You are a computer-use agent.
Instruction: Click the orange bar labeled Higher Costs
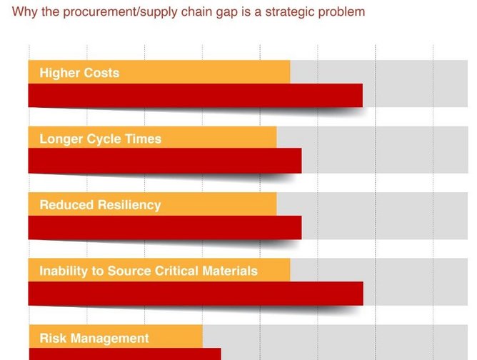159,72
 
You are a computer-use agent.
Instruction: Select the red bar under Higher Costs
196,96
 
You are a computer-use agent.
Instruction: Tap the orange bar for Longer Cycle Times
152,138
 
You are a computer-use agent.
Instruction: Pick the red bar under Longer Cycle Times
165,161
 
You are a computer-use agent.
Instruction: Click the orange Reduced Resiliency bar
152,204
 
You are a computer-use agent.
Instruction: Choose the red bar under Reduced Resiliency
165,228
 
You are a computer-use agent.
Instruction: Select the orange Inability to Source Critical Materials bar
159,270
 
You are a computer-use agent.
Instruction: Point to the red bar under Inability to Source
196,294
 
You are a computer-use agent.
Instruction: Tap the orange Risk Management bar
116,336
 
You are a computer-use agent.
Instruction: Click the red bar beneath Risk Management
125,354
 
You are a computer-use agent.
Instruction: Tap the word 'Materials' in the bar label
230,271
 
